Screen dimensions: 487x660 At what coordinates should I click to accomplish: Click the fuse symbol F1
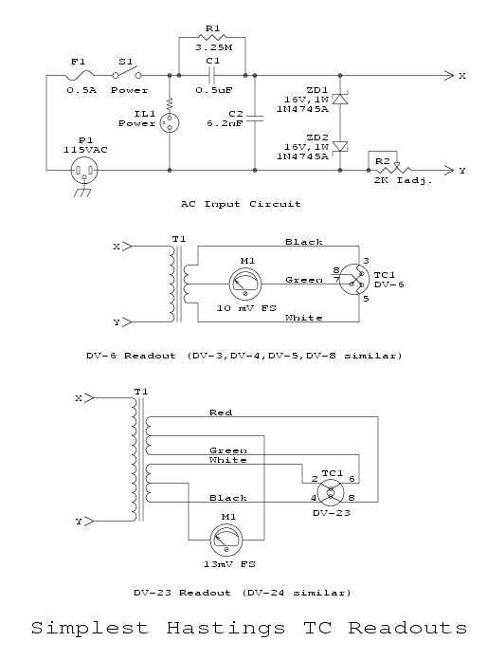(x=80, y=75)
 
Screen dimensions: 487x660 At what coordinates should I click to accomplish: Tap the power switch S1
(x=127, y=73)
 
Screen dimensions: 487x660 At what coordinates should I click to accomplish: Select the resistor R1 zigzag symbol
(x=213, y=38)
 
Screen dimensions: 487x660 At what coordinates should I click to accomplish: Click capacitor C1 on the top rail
(x=212, y=76)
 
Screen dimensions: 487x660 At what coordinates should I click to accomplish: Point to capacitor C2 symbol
(x=255, y=119)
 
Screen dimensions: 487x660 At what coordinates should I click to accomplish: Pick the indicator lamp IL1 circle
(x=170, y=123)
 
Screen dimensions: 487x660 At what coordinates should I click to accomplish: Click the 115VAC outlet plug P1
(x=84, y=170)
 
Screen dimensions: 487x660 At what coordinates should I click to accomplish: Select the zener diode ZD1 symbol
(x=340, y=99)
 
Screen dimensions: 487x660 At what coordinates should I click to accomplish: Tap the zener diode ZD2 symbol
(x=340, y=146)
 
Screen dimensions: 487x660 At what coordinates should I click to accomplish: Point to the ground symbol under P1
(x=82, y=192)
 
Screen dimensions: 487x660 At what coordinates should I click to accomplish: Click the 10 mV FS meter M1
(x=245, y=284)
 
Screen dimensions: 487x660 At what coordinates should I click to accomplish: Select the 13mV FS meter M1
(x=226, y=540)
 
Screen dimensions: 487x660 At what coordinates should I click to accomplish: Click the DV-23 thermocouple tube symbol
(x=330, y=493)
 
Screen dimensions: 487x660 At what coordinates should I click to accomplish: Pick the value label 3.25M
(x=213, y=47)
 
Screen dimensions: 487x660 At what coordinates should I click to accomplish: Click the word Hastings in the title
(x=225, y=629)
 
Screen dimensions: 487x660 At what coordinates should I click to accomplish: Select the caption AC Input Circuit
(x=241, y=204)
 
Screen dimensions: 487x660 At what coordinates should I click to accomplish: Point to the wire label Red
(x=221, y=412)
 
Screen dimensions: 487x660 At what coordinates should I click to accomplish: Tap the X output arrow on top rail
(x=449, y=76)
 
